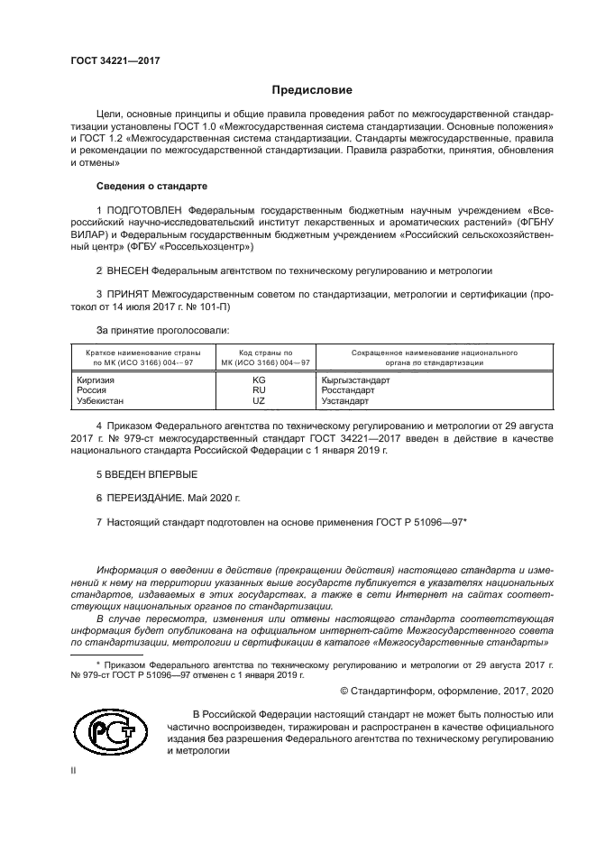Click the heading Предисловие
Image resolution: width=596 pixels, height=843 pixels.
click(312, 90)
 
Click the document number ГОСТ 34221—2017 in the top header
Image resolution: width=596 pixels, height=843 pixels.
click(109, 60)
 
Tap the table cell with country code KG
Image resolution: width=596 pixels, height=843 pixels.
click(259, 380)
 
